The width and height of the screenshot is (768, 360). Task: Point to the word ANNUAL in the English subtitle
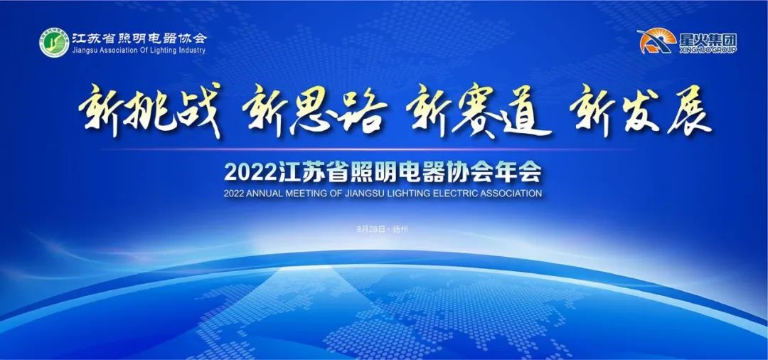[x=270, y=193]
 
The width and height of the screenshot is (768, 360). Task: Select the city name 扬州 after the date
[x=402, y=229]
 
